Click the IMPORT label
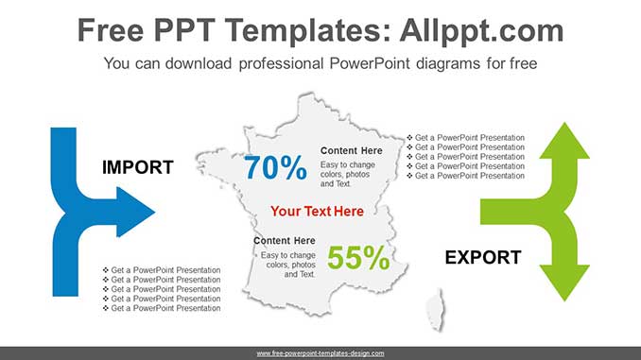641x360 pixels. tap(137, 168)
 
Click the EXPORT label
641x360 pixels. tap(482, 257)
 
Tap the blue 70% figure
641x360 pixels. tap(275, 168)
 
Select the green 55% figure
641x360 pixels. tap(358, 258)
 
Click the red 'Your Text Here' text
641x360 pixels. tap(316, 211)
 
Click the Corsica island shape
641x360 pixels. tap(436, 309)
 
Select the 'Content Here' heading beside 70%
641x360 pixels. tap(351, 150)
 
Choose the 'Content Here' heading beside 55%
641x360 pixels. tap(284, 241)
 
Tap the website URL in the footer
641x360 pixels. tap(320, 352)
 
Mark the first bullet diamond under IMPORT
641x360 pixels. tap(106, 270)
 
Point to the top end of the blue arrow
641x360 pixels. tap(62, 131)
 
